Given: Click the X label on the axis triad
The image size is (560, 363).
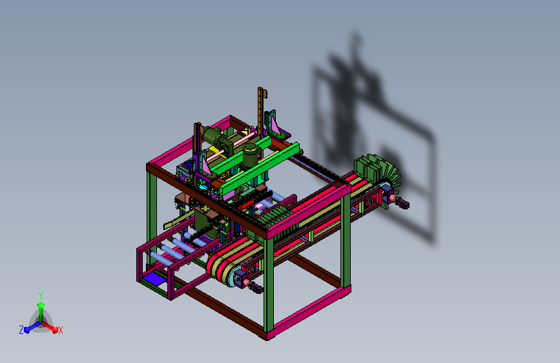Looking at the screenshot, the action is pyautogui.click(x=60, y=330).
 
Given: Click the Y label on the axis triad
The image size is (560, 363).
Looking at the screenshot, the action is pyautogui.click(x=41, y=295).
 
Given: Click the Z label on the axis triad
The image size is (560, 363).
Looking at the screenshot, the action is pyautogui.click(x=21, y=330).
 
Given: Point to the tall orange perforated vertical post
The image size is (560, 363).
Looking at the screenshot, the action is pyautogui.click(x=260, y=110).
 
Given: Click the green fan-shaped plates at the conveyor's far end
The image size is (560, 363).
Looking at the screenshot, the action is pyautogui.click(x=377, y=171).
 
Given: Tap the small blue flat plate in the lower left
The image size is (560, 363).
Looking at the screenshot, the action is pyautogui.click(x=152, y=278).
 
